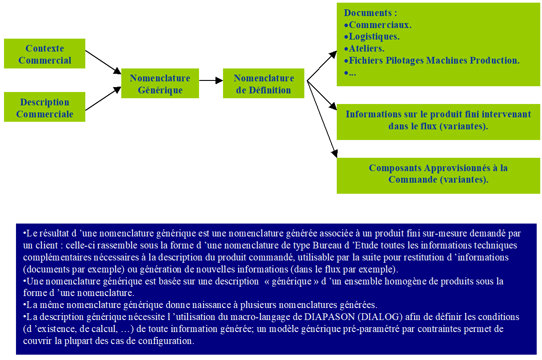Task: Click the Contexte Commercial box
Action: pos(44,54)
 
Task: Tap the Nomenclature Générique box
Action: pos(160,84)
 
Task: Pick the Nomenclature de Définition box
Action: pos(263,84)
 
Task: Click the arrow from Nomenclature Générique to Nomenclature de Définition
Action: pos(211,80)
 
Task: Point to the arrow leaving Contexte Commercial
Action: pos(103,62)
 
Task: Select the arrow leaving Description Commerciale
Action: pos(103,99)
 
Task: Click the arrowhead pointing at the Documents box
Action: pos(333,55)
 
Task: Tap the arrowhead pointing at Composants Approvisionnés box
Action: pos(335,154)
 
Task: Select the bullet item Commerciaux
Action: pos(380,25)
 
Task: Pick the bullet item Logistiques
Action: pos(374,36)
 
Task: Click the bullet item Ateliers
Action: pos(367,48)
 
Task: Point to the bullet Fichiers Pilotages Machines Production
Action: pos(434,60)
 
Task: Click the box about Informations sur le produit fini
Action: pos(438,120)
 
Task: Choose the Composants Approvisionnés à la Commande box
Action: pos(438,174)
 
